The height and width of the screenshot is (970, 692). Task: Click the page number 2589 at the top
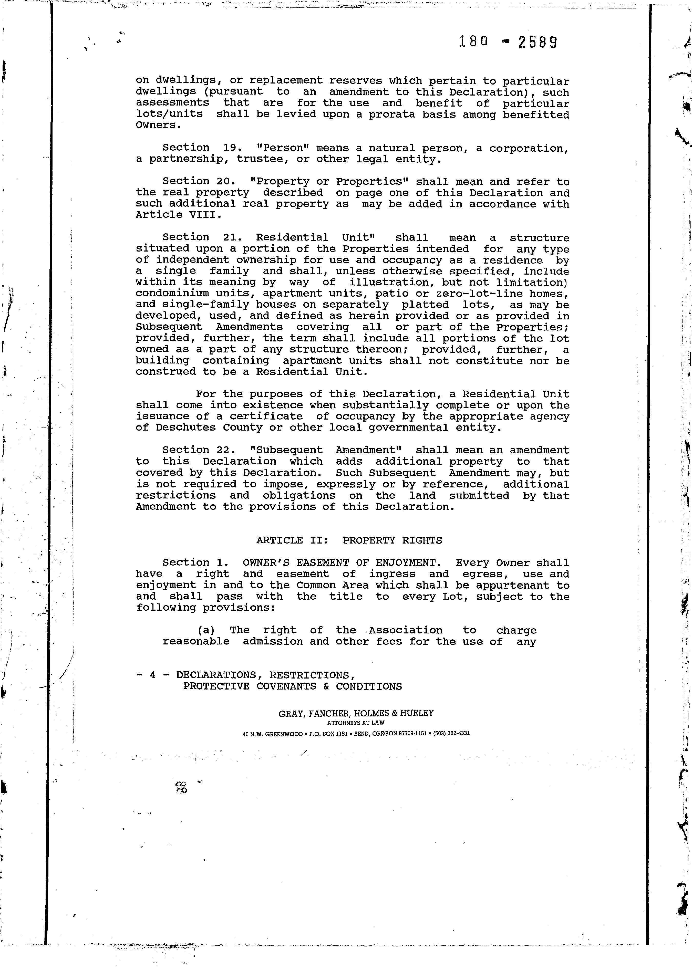click(538, 42)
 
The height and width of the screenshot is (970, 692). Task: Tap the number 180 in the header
click(473, 41)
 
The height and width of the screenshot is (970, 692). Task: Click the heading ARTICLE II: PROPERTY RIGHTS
click(349, 540)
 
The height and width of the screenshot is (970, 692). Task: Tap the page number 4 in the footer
click(152, 675)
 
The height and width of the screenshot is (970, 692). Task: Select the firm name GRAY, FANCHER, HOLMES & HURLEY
click(356, 713)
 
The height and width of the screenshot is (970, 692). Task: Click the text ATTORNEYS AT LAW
click(356, 723)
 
